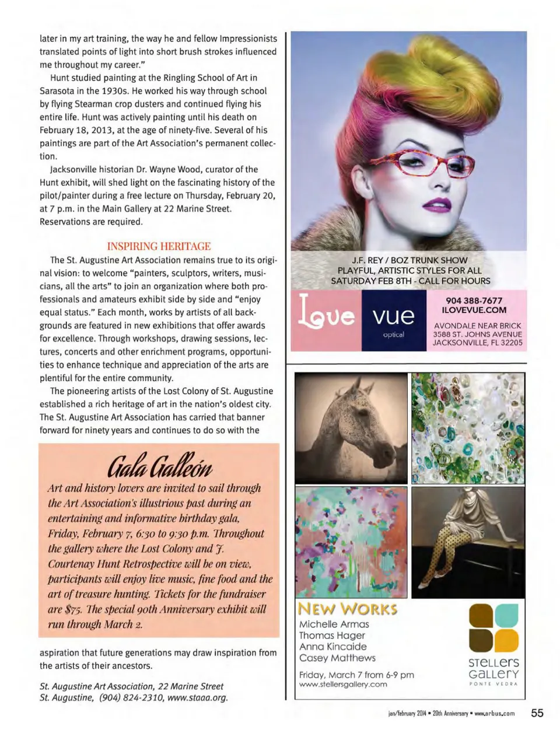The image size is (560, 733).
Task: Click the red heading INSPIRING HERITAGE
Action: (x=159, y=246)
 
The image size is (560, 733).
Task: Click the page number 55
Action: (x=537, y=713)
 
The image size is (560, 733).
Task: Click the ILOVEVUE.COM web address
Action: (x=474, y=310)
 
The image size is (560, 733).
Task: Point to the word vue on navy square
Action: (x=393, y=315)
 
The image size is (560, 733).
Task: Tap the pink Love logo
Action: (x=326, y=315)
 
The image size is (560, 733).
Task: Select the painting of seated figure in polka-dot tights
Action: (x=467, y=542)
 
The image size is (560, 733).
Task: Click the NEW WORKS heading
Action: (x=348, y=609)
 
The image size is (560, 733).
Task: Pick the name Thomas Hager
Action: (x=332, y=635)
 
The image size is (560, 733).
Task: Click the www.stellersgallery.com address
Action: (x=343, y=684)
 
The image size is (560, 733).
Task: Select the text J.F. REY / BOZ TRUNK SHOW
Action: (x=409, y=260)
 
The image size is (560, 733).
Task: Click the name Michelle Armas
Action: (x=334, y=624)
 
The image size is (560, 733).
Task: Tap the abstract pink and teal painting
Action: (x=351, y=542)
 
